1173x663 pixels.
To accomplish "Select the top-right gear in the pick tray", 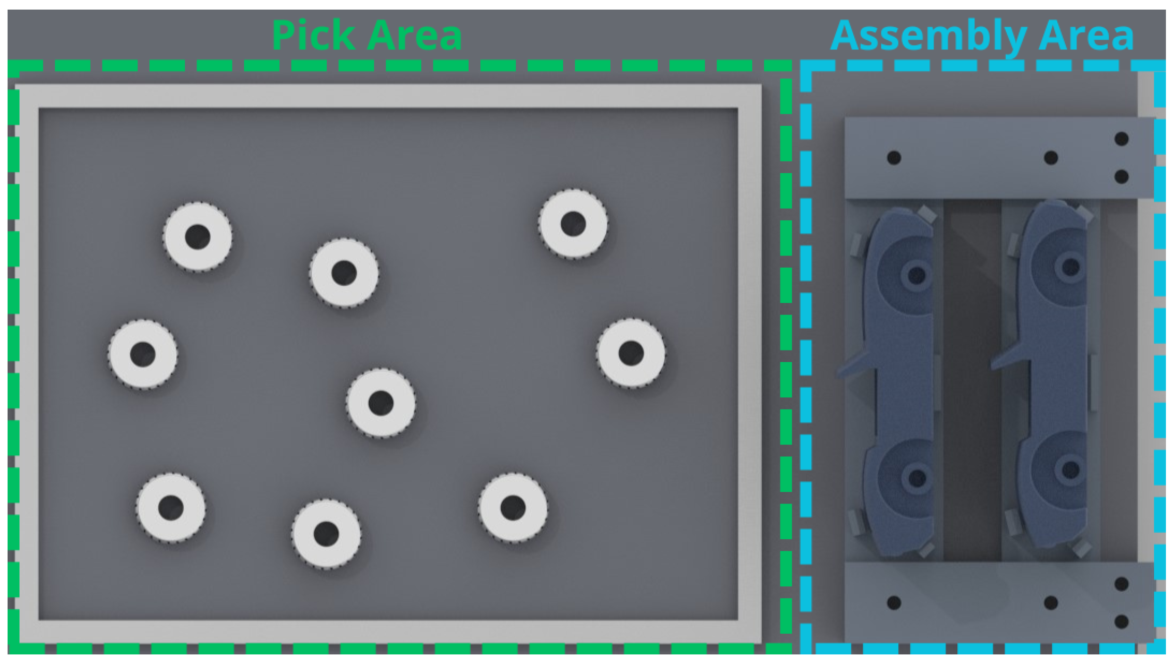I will tap(573, 224).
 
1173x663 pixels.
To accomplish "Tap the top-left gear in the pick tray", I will tap(198, 237).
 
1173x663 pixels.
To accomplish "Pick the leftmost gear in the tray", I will tap(143, 354).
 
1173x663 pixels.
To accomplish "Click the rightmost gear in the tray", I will tap(631, 352).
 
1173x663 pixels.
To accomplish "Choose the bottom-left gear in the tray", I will tap(171, 507).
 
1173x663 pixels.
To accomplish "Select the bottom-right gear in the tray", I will tap(513, 507).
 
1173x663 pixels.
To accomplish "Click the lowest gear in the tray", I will tap(326, 534).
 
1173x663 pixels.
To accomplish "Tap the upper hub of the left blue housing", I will tap(916, 276).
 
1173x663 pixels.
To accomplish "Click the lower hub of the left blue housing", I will tap(917, 478).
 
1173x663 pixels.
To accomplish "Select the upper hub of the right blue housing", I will tap(1070, 267).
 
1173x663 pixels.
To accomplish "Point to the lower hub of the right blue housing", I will tap(1070, 470).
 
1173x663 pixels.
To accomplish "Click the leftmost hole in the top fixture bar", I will tap(894, 158).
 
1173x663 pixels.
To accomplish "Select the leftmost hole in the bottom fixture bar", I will tap(894, 602).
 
